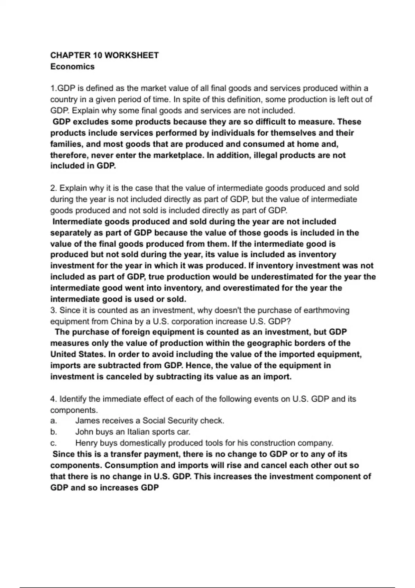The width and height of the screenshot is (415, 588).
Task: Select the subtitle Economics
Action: [72, 66]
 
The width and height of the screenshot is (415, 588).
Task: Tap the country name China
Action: [121, 321]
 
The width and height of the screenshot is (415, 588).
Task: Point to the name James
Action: [87, 421]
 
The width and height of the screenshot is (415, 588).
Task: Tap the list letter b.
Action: [53, 432]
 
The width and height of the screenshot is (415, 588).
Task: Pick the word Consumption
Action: [131, 465]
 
